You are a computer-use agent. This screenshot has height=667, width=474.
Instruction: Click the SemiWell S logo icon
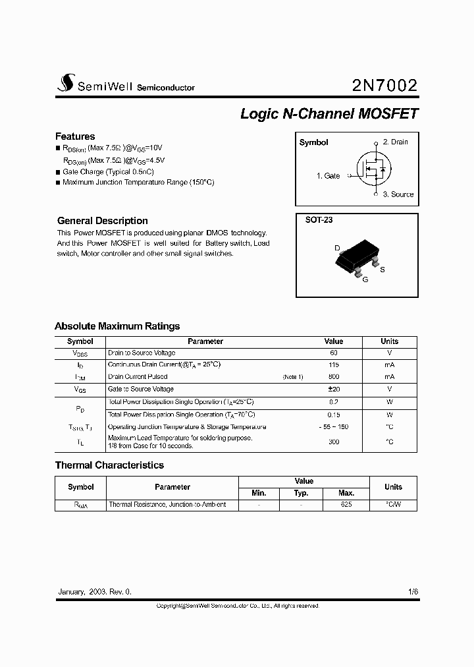click(65, 82)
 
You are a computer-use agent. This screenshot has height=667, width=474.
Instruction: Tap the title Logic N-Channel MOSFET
click(329, 113)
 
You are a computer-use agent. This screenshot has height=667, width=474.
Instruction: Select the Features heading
click(75, 136)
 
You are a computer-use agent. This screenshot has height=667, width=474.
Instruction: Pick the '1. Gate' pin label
click(328, 176)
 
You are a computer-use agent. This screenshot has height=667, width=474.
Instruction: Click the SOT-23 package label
click(319, 220)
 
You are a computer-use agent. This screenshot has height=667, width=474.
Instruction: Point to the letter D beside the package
click(337, 248)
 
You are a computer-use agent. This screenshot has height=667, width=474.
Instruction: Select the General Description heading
click(102, 221)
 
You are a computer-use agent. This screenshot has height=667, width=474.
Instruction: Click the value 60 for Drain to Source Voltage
click(334, 353)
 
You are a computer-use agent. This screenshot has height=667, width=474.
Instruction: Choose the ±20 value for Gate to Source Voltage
click(334, 390)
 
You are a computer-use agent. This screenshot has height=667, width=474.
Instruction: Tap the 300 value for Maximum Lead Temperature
click(334, 442)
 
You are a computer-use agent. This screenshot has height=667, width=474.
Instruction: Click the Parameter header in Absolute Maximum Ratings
click(205, 341)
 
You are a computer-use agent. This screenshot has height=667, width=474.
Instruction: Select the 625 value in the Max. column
click(346, 504)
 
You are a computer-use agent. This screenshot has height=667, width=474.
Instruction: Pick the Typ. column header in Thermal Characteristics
click(301, 493)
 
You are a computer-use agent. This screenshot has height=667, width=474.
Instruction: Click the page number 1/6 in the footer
click(413, 592)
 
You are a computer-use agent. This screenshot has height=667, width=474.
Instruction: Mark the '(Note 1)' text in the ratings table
click(293, 377)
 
